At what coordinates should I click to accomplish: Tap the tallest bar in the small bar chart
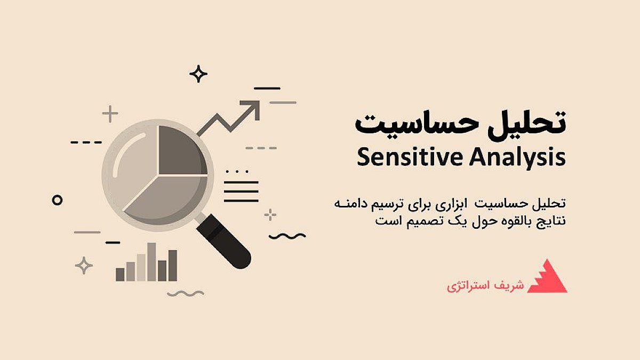(151, 262)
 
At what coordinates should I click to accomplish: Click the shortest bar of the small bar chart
(120, 274)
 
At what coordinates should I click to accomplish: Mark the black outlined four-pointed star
(198, 74)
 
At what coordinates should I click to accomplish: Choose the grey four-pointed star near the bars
(83, 265)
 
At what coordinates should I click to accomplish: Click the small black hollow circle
(57, 200)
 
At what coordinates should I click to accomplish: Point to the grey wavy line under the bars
(185, 293)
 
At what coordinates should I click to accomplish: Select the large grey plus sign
(110, 114)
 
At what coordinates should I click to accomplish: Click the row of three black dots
(237, 172)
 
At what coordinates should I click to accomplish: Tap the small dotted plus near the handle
(271, 215)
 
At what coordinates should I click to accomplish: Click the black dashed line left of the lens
(86, 142)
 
